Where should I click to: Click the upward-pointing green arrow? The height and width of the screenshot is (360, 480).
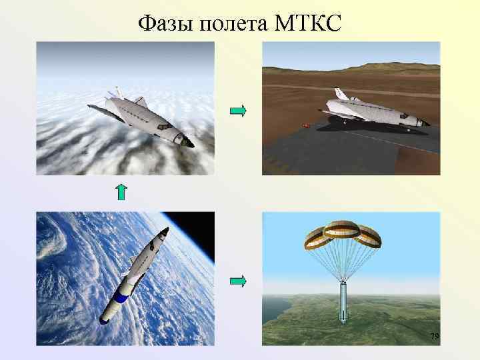tap(121, 192)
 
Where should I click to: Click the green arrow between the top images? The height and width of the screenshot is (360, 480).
tap(238, 111)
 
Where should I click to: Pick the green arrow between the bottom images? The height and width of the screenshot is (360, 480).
tap(238, 281)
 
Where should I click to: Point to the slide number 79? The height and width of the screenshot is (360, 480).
tap(434, 337)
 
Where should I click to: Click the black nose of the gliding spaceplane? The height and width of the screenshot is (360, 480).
tap(189, 142)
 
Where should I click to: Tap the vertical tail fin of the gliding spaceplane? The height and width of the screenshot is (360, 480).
tap(119, 91)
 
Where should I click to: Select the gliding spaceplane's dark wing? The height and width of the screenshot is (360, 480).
tap(107, 109)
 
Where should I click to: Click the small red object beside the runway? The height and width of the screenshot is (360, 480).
tap(307, 125)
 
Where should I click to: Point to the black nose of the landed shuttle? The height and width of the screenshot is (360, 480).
tap(427, 124)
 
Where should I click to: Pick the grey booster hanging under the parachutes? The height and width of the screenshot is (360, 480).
tap(343, 303)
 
